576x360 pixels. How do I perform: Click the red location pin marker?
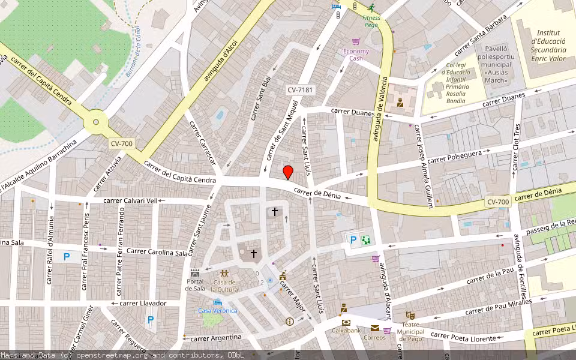pos(288,172)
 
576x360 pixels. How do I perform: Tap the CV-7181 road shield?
pos(301,90)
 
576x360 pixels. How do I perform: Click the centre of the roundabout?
pos(95,123)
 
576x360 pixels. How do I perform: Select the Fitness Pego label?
pos(371,22)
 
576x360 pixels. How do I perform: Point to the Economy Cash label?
pos(356,55)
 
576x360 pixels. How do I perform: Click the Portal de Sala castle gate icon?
pos(195,273)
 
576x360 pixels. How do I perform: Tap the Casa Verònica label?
pos(218,310)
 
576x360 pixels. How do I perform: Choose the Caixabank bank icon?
pos(346,322)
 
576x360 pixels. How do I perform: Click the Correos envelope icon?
pos(374,328)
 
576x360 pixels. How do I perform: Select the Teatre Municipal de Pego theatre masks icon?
pos(410,315)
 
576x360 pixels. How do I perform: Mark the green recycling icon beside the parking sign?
pos(365,240)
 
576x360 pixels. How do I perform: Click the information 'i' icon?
pos(290,322)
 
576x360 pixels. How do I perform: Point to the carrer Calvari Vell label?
pos(130,200)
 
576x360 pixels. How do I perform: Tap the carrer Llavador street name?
pos(142,303)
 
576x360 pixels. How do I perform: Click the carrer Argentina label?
pos(215,338)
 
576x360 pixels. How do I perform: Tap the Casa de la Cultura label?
pos(224,286)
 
